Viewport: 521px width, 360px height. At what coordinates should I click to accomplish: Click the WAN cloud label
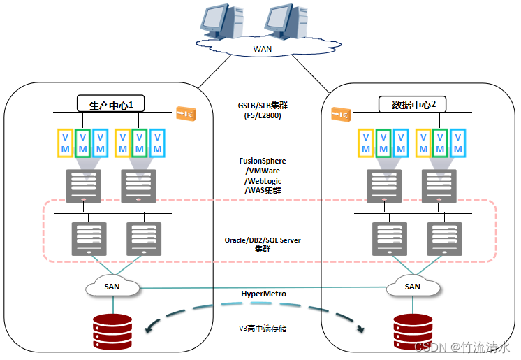[x=261, y=49]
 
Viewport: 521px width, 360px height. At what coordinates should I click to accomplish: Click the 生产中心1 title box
[x=115, y=105]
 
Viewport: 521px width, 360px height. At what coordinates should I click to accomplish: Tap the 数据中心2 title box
[x=414, y=105]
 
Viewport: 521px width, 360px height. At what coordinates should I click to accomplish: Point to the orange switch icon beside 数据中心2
[x=340, y=113]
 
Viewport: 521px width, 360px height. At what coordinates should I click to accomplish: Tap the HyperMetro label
[x=262, y=294]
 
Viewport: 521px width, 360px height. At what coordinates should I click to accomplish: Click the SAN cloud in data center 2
[x=413, y=286]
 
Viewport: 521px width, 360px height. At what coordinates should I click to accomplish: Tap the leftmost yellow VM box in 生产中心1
[x=65, y=143]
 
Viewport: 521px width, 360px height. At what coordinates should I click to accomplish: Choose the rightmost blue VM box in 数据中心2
[x=457, y=143]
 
